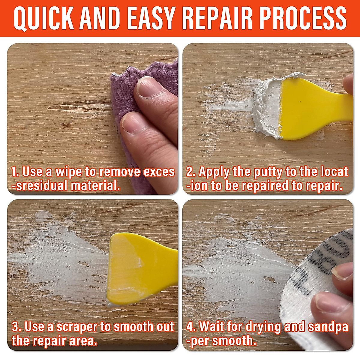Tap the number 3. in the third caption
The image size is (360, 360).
17,327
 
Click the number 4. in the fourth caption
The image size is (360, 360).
191,327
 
